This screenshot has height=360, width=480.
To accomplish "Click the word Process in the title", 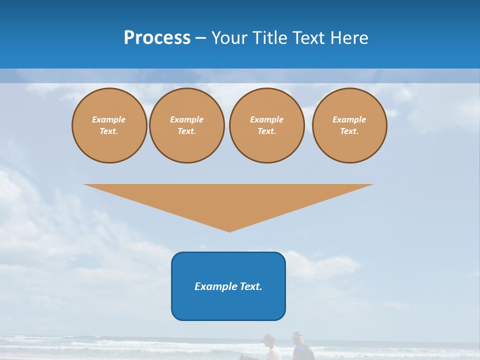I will pos(157,38).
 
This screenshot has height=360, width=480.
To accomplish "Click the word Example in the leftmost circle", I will pos(109,119).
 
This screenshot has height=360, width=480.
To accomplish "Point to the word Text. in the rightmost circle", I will pos(349,131).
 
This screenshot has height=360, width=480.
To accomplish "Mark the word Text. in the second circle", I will pos(187,131).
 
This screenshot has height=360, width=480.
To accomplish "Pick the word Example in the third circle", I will pos(266,119).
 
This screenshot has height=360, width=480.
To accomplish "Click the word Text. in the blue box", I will pos(250,286).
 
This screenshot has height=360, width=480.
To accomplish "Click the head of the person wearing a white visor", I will pos(297,336).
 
